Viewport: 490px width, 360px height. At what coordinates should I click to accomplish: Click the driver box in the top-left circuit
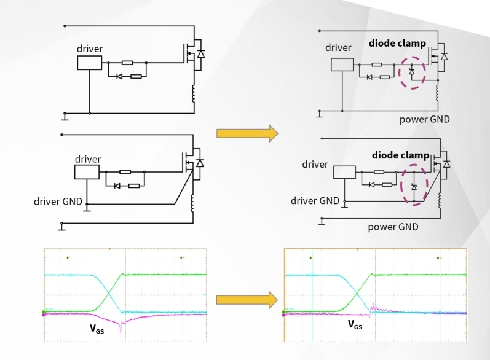(89, 63)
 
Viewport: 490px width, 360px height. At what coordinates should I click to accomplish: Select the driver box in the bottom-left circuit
(87, 171)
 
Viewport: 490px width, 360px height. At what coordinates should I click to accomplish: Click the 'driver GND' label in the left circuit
(58, 201)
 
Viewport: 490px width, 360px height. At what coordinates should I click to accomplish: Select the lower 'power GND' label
(393, 227)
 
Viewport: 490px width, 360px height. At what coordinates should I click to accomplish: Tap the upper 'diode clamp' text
(397, 44)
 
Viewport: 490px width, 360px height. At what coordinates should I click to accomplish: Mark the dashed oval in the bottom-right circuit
(414, 184)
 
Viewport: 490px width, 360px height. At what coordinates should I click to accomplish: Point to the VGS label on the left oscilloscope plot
(97, 329)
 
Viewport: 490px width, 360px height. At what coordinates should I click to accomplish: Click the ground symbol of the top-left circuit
(65, 115)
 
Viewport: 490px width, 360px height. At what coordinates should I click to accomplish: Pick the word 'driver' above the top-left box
(90, 48)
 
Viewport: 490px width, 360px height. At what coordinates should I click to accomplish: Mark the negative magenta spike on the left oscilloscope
(121, 329)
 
